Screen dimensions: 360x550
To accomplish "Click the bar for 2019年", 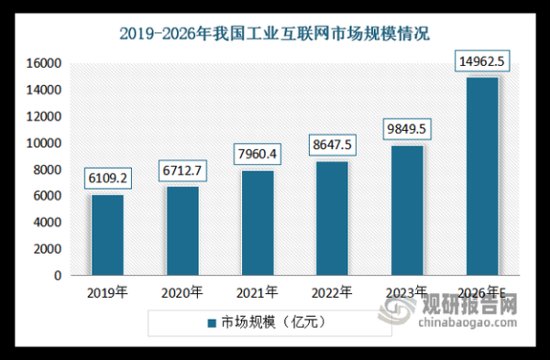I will [x=107, y=235].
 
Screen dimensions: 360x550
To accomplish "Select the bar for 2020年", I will [x=182, y=231].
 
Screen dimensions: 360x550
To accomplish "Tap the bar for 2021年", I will [x=258, y=223].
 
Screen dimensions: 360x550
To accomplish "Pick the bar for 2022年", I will [x=333, y=218].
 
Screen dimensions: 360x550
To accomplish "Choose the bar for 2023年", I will [x=408, y=210].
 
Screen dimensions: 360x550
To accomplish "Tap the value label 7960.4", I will [x=258, y=154].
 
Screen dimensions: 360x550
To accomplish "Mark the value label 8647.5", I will [x=333, y=145].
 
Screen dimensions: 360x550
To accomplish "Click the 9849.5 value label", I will [x=408, y=129].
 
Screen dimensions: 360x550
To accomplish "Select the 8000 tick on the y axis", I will [x=48, y=169].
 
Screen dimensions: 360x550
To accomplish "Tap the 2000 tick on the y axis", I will [x=48, y=249].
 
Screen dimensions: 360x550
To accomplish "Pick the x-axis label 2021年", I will [x=258, y=293].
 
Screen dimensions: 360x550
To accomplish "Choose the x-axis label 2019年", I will [x=107, y=293].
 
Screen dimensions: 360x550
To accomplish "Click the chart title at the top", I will [x=275, y=33].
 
